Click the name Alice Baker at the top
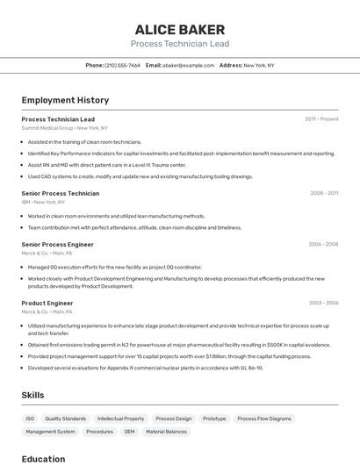[x=179, y=29]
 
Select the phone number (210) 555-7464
[x=122, y=65]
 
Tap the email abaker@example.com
[x=188, y=65]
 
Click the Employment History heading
[x=65, y=100]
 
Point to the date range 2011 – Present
[x=321, y=119]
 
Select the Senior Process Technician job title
[x=61, y=193]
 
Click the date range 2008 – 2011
[x=323, y=193]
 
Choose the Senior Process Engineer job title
[x=57, y=244]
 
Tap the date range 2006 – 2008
[x=323, y=244]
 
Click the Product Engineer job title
[x=47, y=303]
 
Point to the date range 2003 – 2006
[x=323, y=303]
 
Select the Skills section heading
[x=32, y=395]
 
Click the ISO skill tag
[x=30, y=418]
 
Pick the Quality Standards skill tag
[x=66, y=418]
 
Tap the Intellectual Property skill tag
[x=120, y=418]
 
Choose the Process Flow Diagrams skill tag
[x=264, y=418]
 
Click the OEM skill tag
[x=129, y=432]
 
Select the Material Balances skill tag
[x=166, y=432]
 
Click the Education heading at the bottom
[x=43, y=458]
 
